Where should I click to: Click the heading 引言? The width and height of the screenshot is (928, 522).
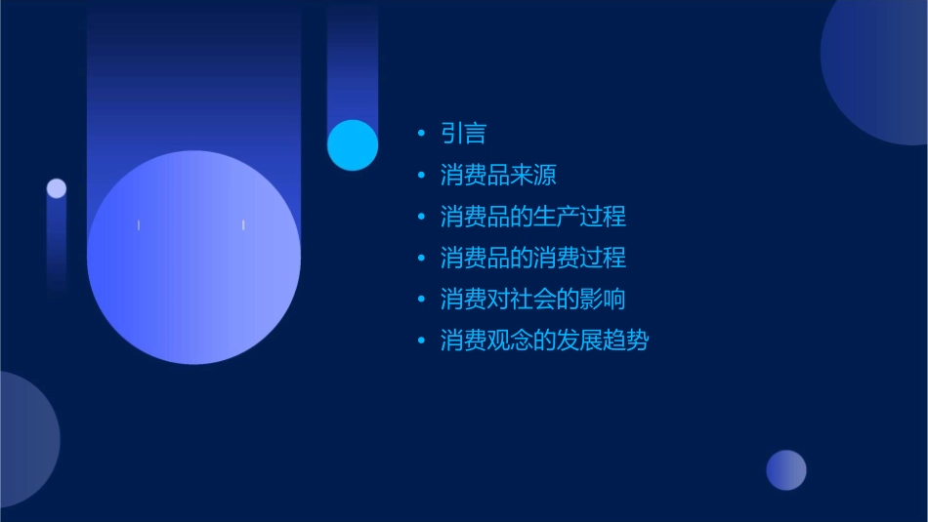pos(463,134)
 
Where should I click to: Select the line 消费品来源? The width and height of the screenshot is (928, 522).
pos(498,176)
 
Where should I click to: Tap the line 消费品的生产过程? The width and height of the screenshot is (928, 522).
pos(532,217)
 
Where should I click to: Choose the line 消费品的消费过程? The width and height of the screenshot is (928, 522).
pos(532,259)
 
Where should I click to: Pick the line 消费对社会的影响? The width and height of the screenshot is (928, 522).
pos(532,300)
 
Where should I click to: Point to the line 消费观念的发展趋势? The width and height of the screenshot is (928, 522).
pos(544,341)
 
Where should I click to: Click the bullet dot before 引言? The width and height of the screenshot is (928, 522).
pos(421,134)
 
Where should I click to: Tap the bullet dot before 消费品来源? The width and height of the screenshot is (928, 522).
pos(421,176)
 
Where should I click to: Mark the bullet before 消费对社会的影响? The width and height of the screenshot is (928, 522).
pos(421,300)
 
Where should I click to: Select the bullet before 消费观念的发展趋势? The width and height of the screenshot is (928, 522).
pos(421,341)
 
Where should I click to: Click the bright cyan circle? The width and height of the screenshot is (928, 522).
pos(353,145)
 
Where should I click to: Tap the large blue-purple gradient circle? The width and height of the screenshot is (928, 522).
pos(193,258)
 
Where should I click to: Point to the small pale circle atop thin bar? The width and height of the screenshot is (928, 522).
pos(57,188)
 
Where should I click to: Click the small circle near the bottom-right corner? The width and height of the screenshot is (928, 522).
pos(786,470)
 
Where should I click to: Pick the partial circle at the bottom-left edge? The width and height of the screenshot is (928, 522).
pos(24,439)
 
